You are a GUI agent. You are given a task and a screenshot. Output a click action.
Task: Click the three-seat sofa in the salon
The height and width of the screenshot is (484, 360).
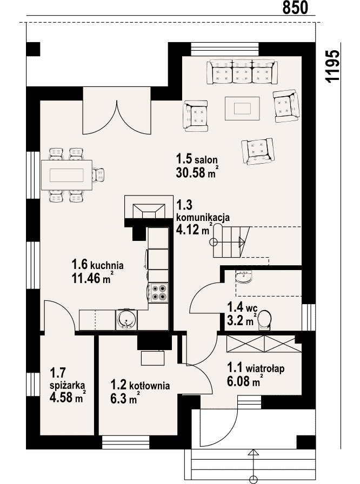click(242, 72)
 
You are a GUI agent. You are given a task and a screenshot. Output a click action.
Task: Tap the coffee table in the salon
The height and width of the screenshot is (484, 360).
click(242, 109)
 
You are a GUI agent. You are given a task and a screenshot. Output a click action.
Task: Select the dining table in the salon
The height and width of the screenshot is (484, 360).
click(66, 176)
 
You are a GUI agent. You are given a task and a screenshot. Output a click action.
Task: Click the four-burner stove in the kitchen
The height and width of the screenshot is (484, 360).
click(158, 293)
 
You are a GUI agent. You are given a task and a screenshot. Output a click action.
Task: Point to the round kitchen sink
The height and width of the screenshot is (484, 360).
click(126, 319)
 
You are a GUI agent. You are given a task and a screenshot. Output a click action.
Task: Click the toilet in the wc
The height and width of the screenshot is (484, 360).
click(264, 321)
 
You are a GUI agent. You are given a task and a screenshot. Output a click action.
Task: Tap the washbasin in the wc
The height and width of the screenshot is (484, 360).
click(244, 276)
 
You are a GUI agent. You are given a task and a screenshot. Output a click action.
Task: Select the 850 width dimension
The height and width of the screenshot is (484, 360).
click(295, 8)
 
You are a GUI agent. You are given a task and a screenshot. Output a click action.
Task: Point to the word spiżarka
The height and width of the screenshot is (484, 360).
click(68, 385)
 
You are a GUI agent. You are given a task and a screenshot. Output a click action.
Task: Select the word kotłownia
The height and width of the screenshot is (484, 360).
click(149, 386)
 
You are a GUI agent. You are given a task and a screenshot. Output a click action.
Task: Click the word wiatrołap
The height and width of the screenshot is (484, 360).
click(265, 368)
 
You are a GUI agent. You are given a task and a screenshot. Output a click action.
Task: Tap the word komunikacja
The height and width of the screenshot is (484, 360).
click(203, 218)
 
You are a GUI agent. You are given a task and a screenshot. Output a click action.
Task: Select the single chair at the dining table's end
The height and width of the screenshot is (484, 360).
click(99, 175)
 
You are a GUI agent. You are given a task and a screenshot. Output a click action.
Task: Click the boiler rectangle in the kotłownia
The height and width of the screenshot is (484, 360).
click(152, 358)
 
